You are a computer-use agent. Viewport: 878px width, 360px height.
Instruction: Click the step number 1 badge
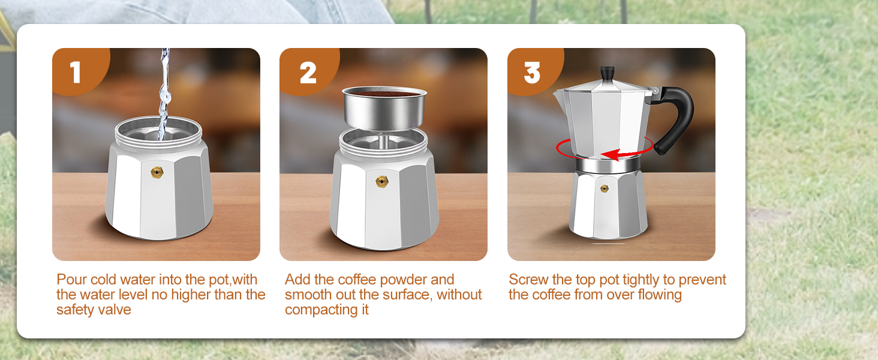coord(76,72)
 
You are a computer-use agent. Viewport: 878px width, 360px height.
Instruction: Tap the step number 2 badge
coord(308,72)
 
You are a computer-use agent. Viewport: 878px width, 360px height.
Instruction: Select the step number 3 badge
coord(532,72)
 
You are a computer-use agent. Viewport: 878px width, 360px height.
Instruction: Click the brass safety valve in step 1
coord(157,173)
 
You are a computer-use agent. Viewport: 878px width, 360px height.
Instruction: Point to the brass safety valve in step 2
coord(380,181)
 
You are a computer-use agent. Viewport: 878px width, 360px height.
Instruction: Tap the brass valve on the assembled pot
coord(605,188)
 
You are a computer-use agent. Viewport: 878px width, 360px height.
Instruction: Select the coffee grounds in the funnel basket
coord(384,94)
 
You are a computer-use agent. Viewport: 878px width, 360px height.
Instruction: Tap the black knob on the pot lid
coord(608,73)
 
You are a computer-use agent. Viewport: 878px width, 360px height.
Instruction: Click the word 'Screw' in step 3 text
coord(528,280)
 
